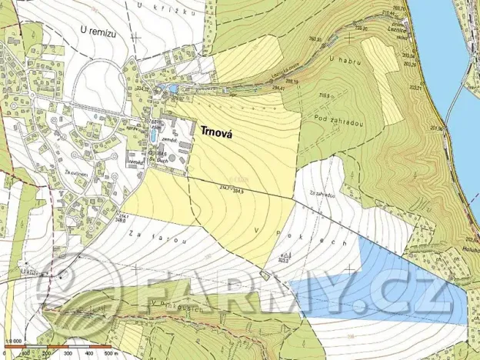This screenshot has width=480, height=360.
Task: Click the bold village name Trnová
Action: click(218, 132)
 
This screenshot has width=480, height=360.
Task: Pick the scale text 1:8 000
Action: click(12, 345)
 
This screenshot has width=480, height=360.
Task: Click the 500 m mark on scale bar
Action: click(109, 354)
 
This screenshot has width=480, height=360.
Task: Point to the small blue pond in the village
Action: click(173, 89)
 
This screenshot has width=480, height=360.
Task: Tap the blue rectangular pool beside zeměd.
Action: click(156, 135)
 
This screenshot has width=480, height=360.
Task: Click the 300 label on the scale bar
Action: click(68, 354)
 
